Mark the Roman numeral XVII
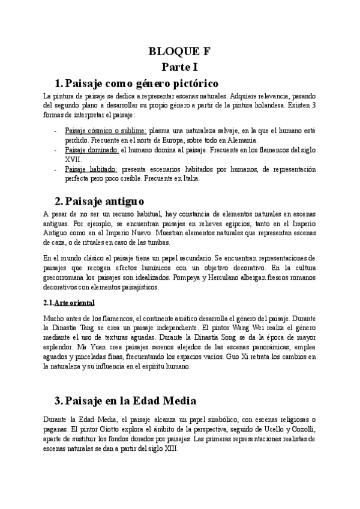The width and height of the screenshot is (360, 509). tap(73, 159)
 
